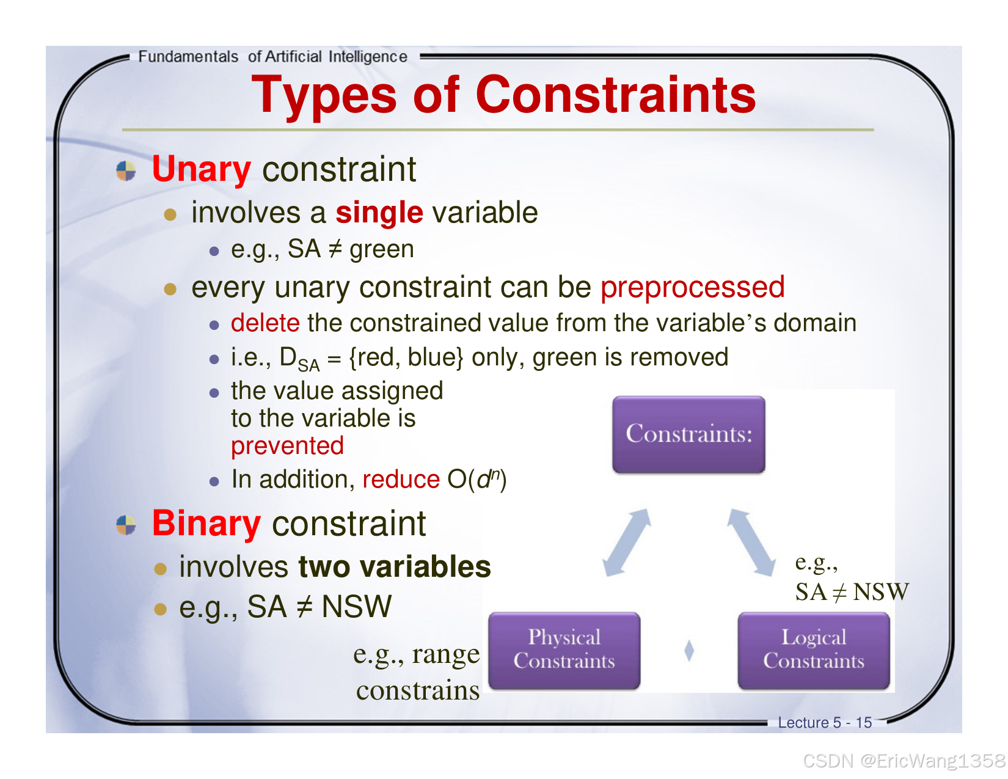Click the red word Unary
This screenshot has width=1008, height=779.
click(201, 169)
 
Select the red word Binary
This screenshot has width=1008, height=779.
click(206, 524)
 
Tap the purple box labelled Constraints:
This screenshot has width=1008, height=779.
click(688, 434)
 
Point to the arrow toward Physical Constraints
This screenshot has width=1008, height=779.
click(627, 543)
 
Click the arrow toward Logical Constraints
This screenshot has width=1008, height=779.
click(751, 543)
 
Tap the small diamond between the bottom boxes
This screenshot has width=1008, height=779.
click(689, 650)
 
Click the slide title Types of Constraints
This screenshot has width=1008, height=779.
click(504, 95)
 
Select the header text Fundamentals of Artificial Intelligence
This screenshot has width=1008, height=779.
click(272, 57)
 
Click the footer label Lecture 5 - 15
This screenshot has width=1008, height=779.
click(825, 722)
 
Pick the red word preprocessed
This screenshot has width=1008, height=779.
click(692, 288)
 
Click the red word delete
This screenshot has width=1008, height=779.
click(265, 323)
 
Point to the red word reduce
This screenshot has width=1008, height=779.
click(401, 479)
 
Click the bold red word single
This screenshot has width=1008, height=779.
click(379, 213)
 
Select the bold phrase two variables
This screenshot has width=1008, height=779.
click(394, 566)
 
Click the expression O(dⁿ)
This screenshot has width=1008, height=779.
click(477, 479)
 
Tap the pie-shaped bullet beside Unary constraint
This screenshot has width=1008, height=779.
click(126, 170)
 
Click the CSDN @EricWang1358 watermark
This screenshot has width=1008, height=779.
click(904, 761)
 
